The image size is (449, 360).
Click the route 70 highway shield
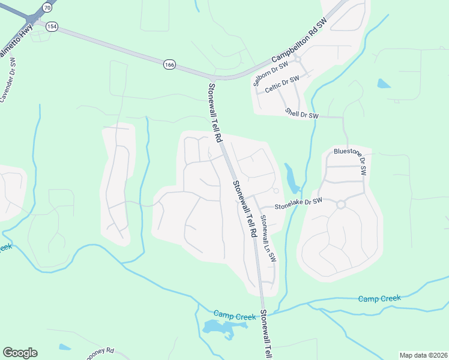pyautogui.click(x=47, y=7)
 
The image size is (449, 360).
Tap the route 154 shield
pyautogui.click(x=52, y=26)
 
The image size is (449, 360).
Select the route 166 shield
pyautogui.click(x=169, y=63)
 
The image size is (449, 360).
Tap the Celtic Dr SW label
pyautogui.click(x=282, y=84)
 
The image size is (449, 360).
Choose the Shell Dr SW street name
pyautogui.click(x=301, y=113)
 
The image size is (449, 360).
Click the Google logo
pyautogui.click(x=20, y=353)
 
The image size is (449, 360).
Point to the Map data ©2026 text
pyautogui.click(x=423, y=355)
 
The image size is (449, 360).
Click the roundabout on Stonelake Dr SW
pyautogui.click(x=341, y=204)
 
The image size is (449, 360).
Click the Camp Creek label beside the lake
pyautogui.click(x=231, y=314)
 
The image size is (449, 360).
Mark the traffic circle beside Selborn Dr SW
pyautogui.click(x=298, y=59)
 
